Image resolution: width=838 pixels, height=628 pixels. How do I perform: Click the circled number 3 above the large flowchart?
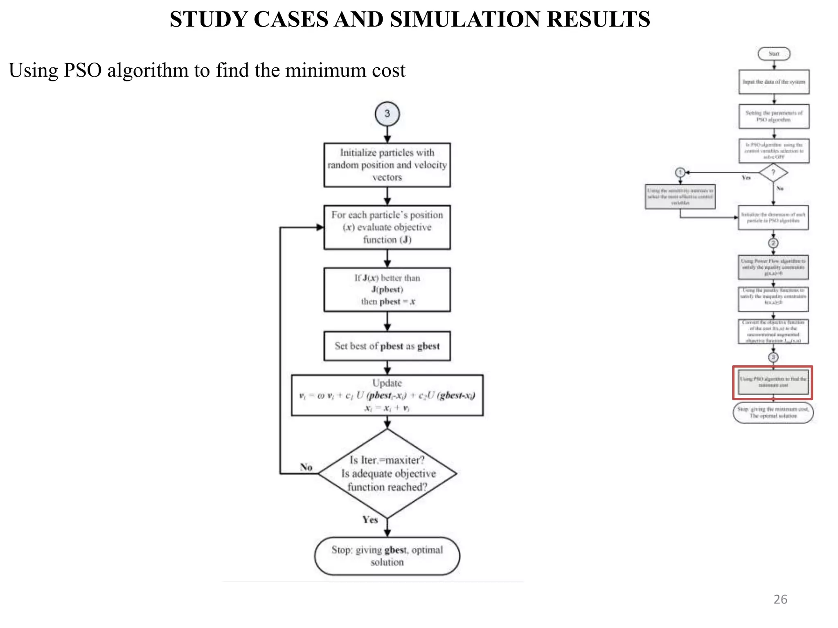pos(387,114)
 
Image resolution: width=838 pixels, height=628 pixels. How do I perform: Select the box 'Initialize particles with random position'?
pos(387,165)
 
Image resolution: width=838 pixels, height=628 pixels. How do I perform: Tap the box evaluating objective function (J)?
pos(387,227)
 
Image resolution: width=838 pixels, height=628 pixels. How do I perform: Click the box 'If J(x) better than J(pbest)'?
pos(387,289)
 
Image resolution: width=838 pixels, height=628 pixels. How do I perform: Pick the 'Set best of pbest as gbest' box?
pos(387,346)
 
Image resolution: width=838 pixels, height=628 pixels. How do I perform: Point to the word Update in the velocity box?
pos(387,383)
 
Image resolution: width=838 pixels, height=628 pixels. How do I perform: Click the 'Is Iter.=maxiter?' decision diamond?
pos(387,473)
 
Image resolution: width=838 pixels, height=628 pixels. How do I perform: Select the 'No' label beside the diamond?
pos(306,467)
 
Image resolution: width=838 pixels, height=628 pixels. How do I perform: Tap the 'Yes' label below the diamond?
pos(370,520)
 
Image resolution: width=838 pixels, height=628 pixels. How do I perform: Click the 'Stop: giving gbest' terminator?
pos(387,556)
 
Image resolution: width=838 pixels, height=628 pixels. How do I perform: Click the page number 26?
pos(780,599)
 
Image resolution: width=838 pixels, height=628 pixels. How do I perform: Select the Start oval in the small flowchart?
pos(774,54)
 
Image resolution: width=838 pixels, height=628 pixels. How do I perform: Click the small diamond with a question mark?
pos(773,173)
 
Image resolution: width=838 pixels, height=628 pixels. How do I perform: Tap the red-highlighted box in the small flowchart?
pos(773,382)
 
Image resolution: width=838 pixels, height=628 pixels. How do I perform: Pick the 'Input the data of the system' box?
pos(774,82)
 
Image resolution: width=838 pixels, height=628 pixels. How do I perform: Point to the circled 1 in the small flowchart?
pos(680,173)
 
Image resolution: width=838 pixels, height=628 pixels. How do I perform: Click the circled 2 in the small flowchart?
pos(773,243)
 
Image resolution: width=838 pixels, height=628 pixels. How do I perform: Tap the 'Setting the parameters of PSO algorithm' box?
pos(774,117)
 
